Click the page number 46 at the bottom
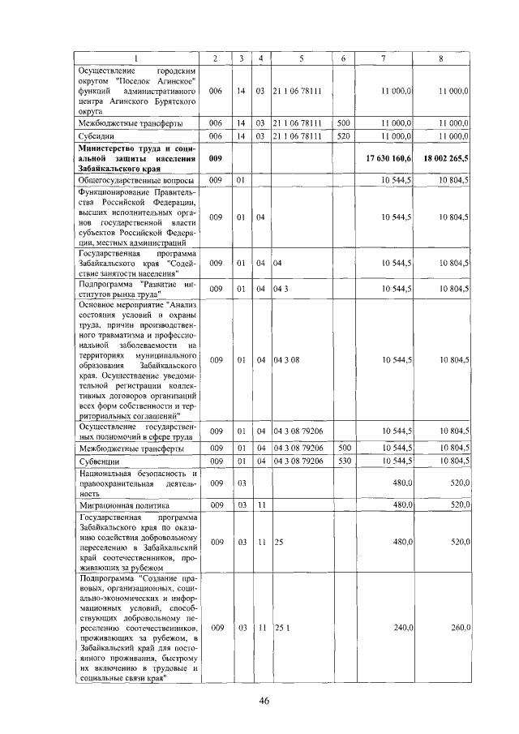point(264,702)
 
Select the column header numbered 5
point(300,58)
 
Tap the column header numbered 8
point(440,58)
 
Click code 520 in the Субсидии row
point(342,136)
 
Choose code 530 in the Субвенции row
point(342,461)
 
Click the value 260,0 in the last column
point(460,628)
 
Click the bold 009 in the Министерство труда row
point(215,157)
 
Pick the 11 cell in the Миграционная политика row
point(260,504)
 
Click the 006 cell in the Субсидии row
point(215,136)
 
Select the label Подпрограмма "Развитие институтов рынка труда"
point(135,289)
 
